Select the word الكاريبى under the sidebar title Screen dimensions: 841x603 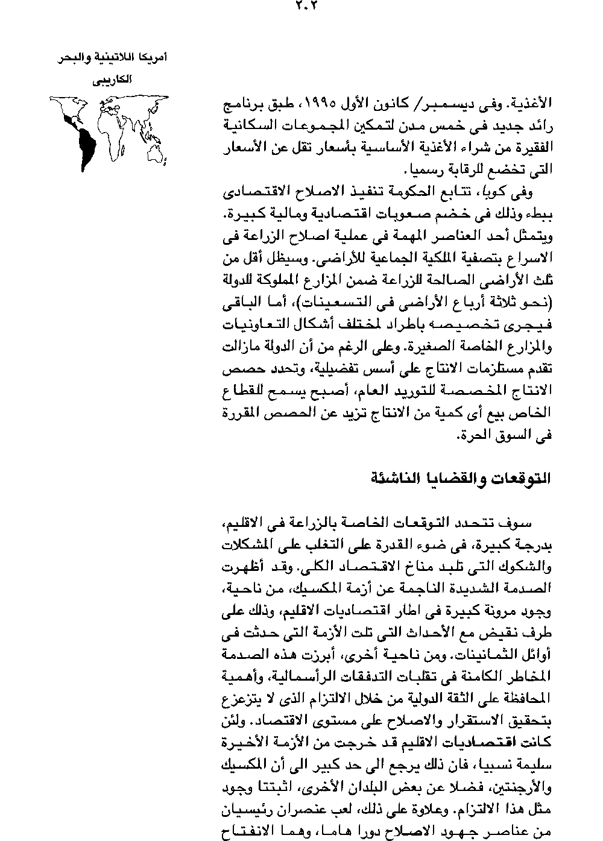tap(109, 80)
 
